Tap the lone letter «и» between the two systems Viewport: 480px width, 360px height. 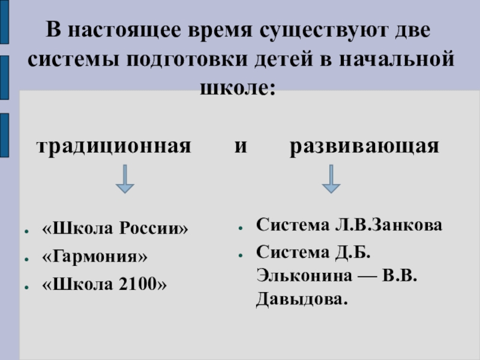click(x=240, y=146)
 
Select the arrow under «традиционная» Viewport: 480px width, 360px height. click(x=125, y=179)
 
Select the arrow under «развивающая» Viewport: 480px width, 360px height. click(x=331, y=179)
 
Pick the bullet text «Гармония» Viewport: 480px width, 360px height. click(x=95, y=256)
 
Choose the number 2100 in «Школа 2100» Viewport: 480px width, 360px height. click(x=139, y=283)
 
